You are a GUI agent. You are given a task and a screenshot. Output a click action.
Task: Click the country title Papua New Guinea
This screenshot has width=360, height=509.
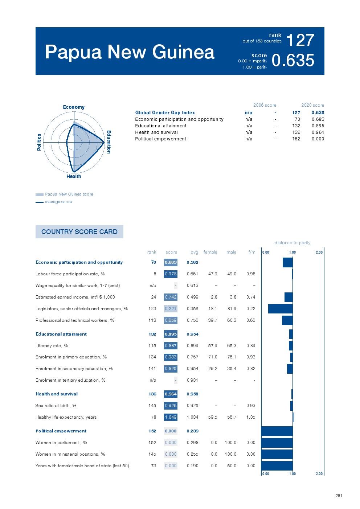coord(130,52)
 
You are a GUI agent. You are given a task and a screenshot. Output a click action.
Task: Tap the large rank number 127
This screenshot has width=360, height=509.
coord(300,40)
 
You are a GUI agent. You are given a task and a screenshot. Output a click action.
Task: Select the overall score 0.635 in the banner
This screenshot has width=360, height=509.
coord(293,61)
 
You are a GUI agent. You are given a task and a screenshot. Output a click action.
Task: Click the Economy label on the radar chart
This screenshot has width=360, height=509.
coord(74,107)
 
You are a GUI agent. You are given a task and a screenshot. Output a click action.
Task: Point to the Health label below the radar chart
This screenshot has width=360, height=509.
coord(74,176)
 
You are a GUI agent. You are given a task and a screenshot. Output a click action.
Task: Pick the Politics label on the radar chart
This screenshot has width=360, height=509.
coord(39,142)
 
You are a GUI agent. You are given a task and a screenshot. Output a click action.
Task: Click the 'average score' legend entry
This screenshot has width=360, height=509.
coord(58,202)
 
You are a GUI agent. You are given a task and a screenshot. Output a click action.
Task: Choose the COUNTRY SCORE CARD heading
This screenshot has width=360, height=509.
coord(79,232)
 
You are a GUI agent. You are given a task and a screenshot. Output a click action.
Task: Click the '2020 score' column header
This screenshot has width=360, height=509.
coord(312,105)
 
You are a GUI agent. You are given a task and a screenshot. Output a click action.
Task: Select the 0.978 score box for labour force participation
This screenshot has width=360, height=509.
coord(171,274)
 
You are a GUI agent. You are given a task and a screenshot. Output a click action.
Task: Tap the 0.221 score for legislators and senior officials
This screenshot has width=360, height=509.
coord(171,309)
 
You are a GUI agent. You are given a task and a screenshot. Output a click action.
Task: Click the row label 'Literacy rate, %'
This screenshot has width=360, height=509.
coord(52,346)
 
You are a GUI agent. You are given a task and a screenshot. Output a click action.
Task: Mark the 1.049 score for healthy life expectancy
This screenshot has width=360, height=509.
coord(171,417)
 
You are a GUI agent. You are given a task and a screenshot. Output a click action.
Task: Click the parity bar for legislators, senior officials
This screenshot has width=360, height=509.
coord(280,309)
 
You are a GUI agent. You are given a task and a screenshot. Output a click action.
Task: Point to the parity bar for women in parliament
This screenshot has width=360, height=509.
coord(277,443)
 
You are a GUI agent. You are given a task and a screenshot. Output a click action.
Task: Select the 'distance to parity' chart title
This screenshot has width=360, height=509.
coord(292,243)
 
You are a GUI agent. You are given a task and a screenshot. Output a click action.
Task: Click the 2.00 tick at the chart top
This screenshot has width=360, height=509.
coord(319,253)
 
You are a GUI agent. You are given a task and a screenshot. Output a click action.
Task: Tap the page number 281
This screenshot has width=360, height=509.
coord(339,496)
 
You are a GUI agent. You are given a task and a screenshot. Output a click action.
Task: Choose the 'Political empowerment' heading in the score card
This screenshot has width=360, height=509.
coord(61,431)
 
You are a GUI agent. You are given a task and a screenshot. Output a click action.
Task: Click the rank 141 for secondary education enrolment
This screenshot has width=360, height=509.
coord(152,369)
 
